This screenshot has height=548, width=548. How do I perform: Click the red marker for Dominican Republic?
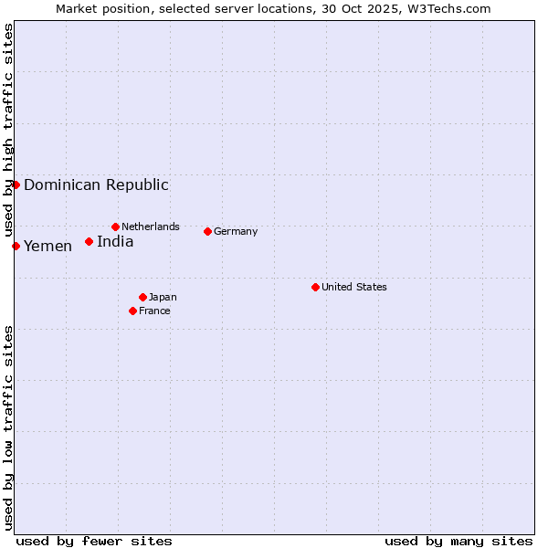tap(16, 184)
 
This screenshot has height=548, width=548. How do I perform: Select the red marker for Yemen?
tap(16, 246)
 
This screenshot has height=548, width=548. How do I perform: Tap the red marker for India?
tap(89, 241)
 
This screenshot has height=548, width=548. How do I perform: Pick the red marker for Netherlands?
tap(115, 227)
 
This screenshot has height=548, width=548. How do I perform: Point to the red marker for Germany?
tap(207, 231)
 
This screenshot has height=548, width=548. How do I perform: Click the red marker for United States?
tap(315, 287)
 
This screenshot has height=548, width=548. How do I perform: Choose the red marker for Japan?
tap(142, 297)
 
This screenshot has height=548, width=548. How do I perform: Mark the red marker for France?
tap(132, 311)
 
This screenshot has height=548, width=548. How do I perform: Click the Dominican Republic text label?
tap(96, 184)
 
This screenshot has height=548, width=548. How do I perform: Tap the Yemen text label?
tap(47, 246)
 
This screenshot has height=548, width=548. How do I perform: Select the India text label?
tap(115, 241)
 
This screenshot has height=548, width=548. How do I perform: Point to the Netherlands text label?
tap(151, 227)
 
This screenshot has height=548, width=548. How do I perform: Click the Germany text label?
tap(236, 231)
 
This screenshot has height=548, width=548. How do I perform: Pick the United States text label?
tap(354, 287)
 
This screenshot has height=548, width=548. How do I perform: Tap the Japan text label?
tap(163, 297)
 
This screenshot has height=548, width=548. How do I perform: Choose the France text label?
tap(154, 311)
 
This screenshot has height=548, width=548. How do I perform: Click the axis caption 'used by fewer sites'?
tap(94, 541)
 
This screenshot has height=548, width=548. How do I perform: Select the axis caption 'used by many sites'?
tap(458, 541)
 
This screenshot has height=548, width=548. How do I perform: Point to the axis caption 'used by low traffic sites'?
tap(8, 427)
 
